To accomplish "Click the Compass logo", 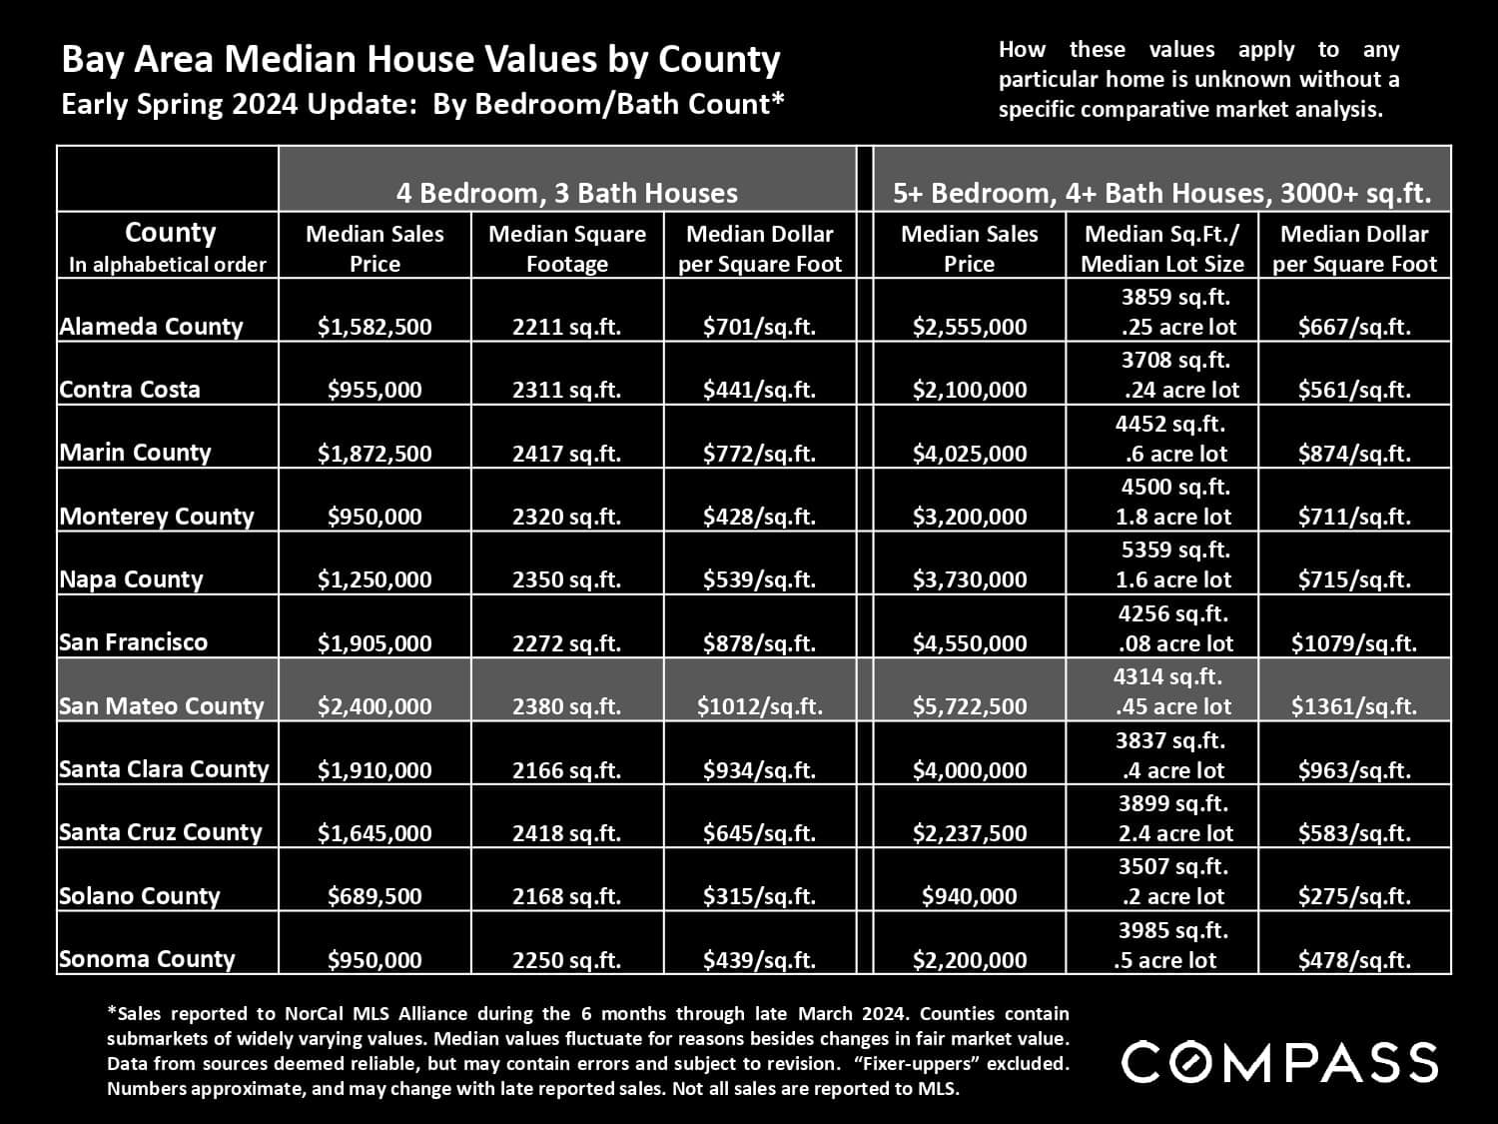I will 1279,1061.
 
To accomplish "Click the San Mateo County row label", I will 161,705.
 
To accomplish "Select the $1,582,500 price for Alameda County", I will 374,327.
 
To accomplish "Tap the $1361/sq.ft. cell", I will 1353,706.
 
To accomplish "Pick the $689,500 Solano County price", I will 374,896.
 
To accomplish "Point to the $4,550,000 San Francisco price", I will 969,643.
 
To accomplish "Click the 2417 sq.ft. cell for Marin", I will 566,454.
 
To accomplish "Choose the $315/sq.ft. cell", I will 759,896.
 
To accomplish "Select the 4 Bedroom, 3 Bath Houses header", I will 566,193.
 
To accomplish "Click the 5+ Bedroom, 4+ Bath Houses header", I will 1161,193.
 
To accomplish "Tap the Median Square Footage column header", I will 566,248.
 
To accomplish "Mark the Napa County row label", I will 131,579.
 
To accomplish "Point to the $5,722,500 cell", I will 969,706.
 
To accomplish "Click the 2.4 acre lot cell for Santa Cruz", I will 1174,832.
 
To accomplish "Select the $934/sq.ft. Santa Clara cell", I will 759,770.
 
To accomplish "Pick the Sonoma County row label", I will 147,959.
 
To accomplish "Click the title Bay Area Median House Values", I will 420,60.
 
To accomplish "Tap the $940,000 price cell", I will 969,896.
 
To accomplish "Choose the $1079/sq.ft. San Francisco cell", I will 1353,643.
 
